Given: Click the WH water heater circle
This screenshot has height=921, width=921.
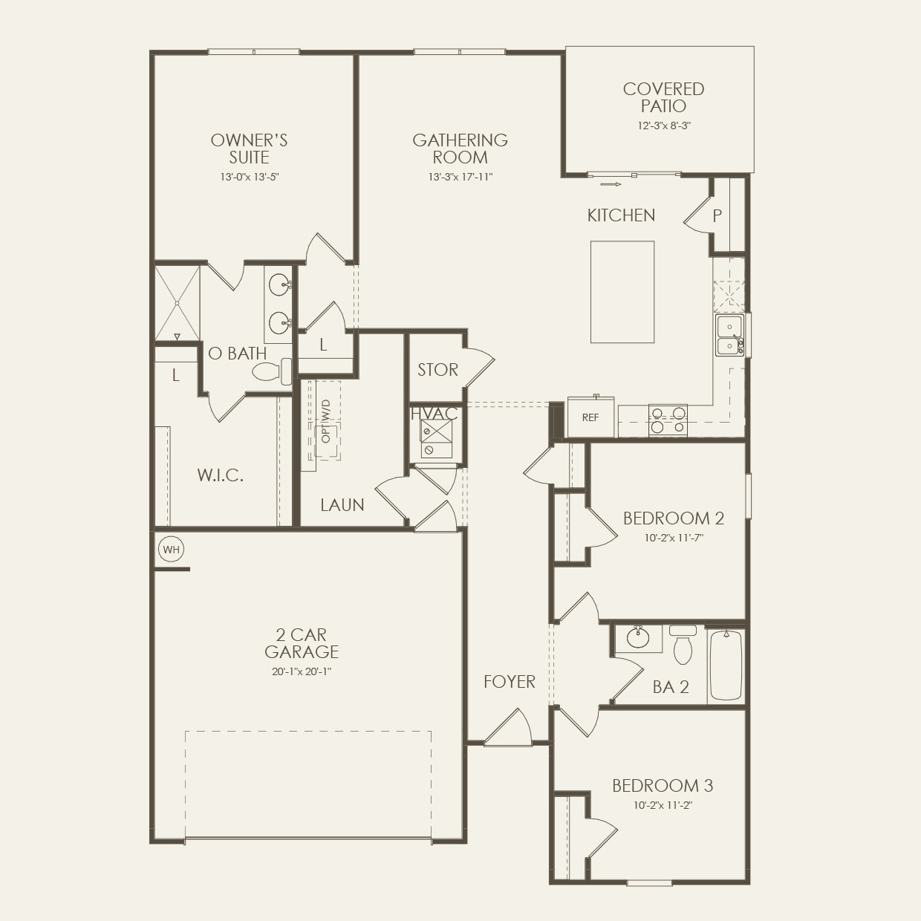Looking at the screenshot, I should (172, 550).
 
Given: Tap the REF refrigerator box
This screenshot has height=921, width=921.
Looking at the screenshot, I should (590, 417).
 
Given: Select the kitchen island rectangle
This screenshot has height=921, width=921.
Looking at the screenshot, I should (622, 292).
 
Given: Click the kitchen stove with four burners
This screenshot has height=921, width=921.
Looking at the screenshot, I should (668, 420).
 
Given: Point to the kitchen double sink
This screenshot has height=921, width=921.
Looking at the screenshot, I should (729, 336).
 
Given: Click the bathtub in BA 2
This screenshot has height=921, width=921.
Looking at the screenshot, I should (726, 665).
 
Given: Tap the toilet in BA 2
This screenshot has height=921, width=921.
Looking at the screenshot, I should (683, 645).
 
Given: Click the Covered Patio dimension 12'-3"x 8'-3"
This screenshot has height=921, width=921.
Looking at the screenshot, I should (663, 126).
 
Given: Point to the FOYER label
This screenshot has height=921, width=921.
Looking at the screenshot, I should (509, 682).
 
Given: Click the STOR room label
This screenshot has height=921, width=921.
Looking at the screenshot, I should (437, 370).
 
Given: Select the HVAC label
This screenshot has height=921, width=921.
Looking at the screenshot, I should (434, 414).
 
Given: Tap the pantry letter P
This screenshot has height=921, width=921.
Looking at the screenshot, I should (717, 216).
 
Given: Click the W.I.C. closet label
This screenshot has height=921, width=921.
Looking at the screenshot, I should (221, 475).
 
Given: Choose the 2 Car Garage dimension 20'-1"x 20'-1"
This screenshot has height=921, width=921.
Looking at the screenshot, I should (301, 671).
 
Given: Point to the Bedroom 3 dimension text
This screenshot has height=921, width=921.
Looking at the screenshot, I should (663, 805).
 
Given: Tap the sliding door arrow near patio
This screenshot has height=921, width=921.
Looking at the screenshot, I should (610, 184).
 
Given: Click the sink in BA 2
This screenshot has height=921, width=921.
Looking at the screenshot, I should (637, 637).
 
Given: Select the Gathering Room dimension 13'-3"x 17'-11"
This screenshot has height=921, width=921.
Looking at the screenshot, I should (461, 177).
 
